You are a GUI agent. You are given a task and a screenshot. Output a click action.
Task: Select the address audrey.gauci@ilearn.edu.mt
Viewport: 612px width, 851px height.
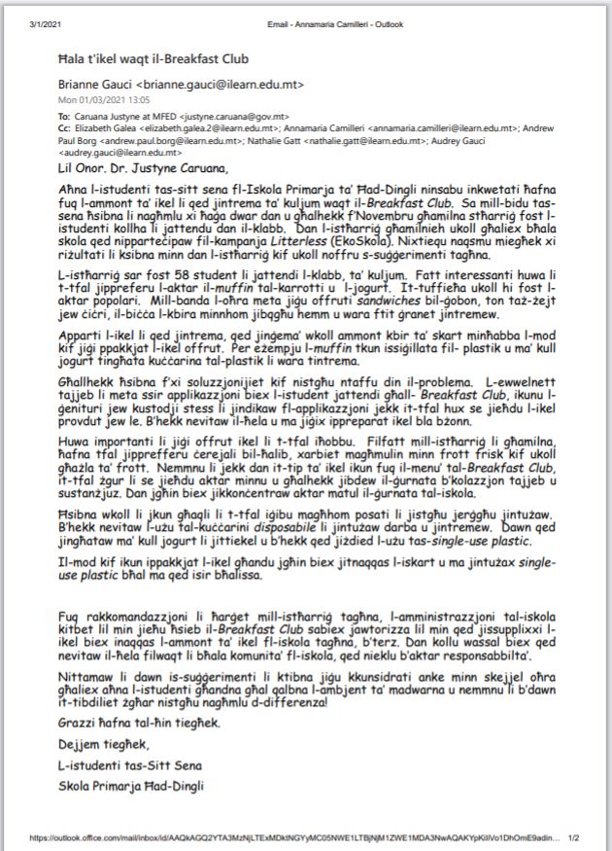(x=123, y=152)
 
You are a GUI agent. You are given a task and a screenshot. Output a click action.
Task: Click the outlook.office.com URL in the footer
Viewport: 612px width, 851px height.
(x=291, y=836)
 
